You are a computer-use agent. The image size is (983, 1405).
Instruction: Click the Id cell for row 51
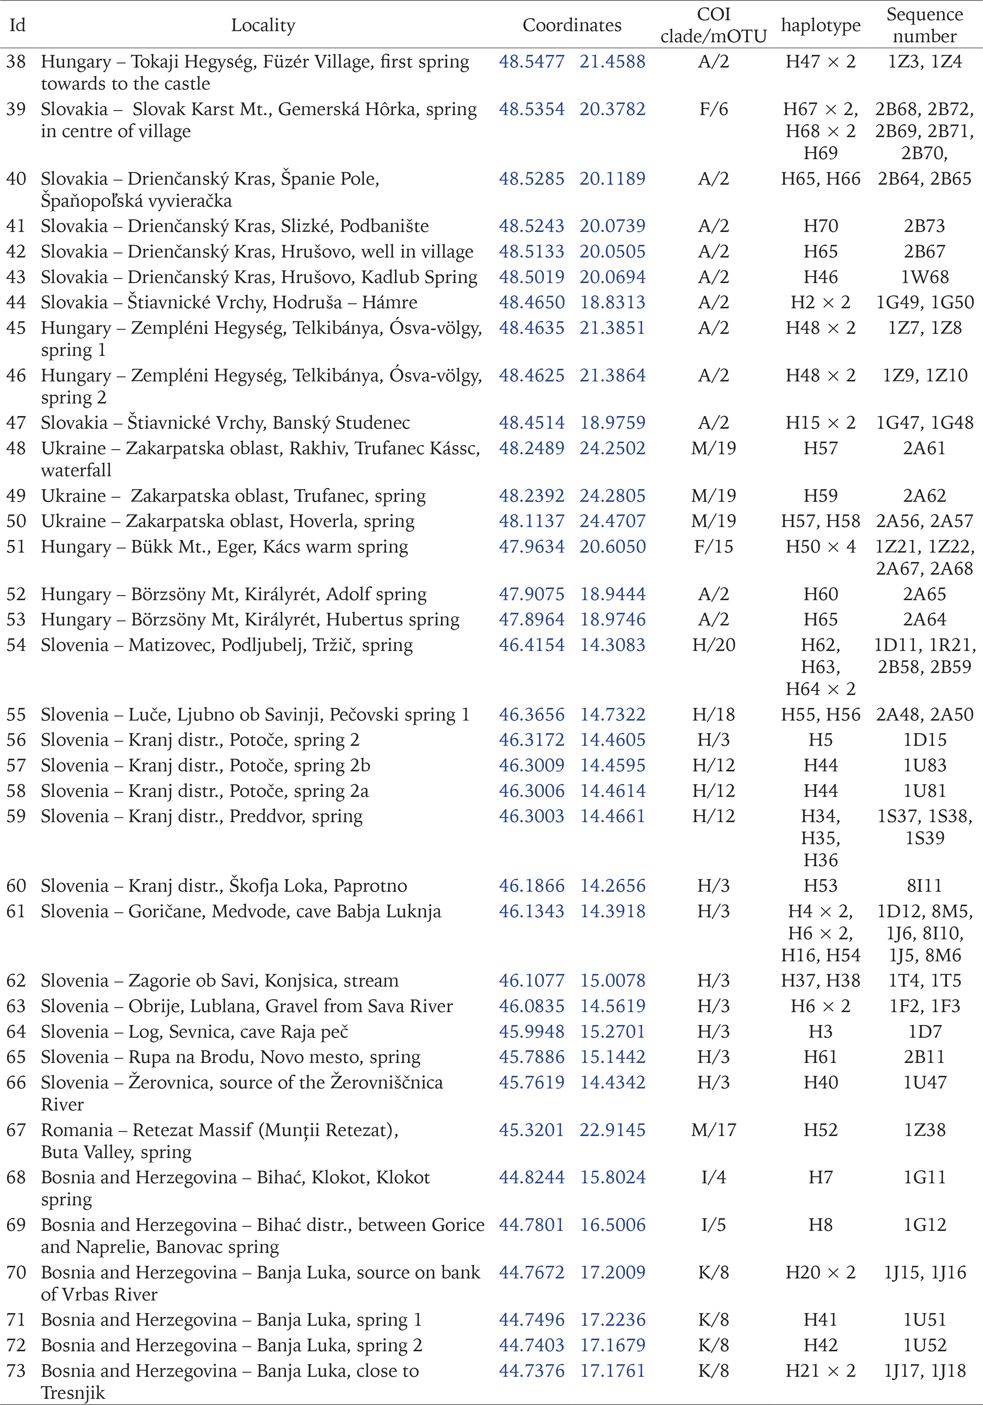[16, 546]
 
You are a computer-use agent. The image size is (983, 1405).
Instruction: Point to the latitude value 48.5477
[531, 62]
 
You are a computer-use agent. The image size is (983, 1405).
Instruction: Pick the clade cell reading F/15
[714, 546]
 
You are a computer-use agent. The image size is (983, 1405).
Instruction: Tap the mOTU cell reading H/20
[714, 645]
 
